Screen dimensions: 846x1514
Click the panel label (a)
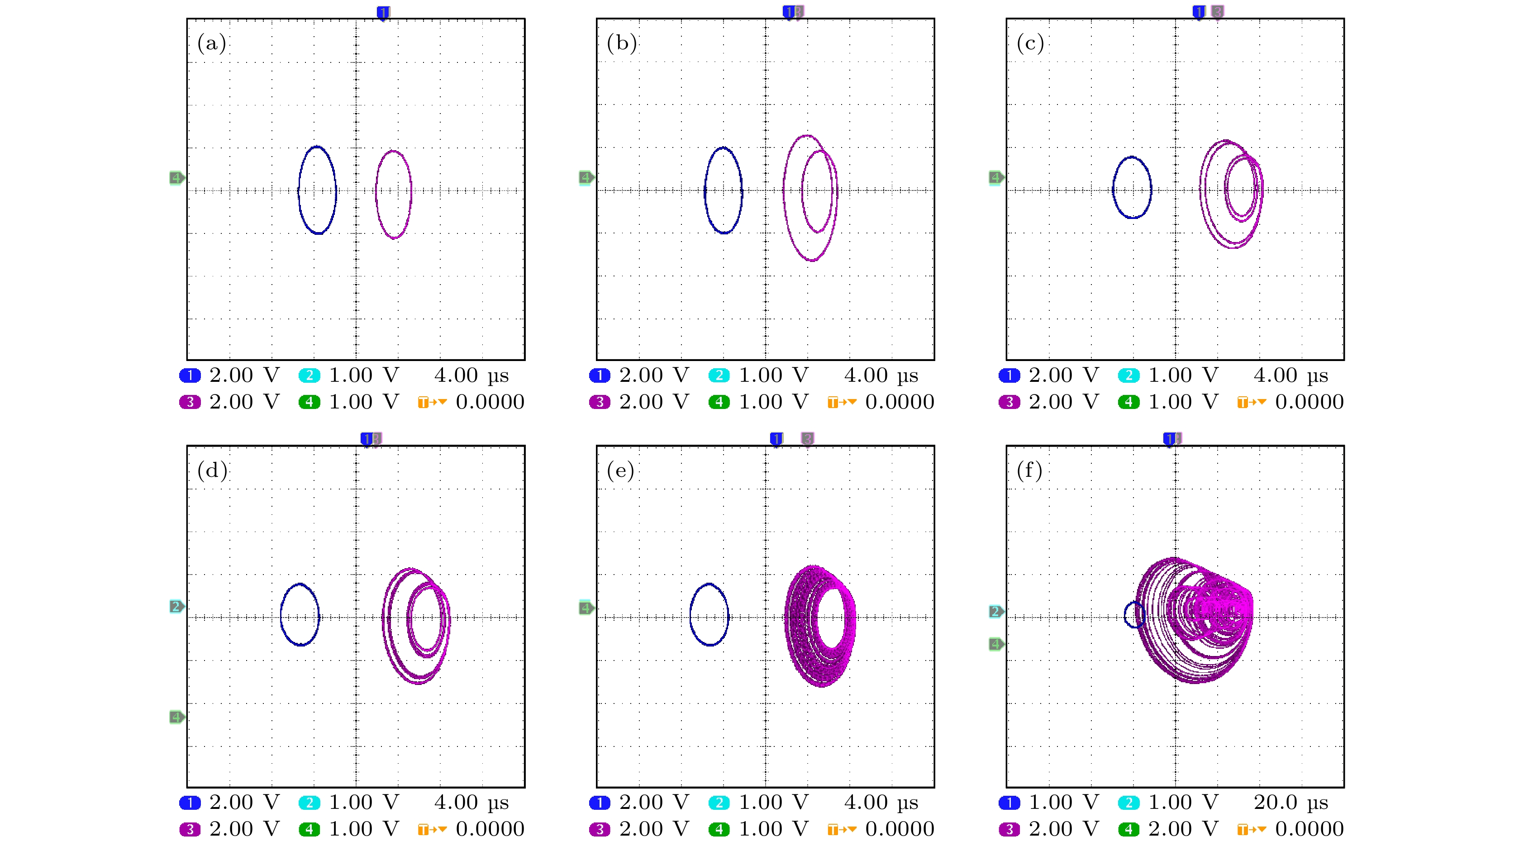pos(212,43)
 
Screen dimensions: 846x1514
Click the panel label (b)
pos(621,43)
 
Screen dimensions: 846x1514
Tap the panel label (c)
pos(1030,43)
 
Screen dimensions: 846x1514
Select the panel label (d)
pos(212,470)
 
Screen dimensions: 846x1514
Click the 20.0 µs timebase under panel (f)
pos(1290,802)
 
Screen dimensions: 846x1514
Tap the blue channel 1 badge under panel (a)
pos(190,375)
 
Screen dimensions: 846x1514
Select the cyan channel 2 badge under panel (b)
pos(719,375)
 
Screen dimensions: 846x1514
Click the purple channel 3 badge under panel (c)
pos(1009,403)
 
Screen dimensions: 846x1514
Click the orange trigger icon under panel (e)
pos(842,830)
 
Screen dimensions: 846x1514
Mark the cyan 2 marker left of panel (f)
pos(995,612)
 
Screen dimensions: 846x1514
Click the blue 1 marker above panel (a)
pos(383,12)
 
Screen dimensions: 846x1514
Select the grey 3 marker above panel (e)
pos(808,439)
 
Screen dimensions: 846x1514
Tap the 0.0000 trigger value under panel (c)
pos(1309,403)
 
